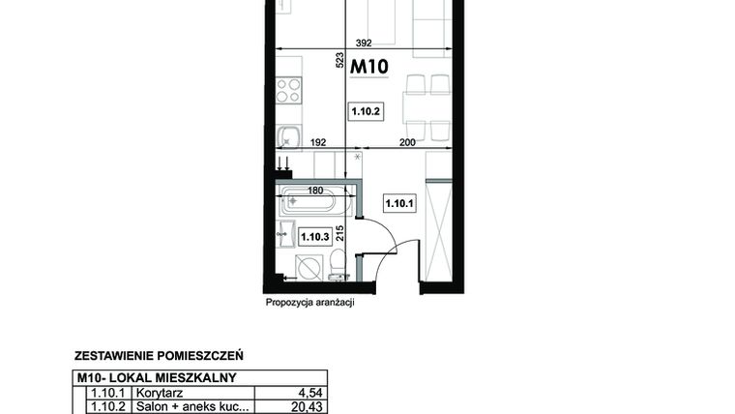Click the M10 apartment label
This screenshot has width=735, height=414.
point(368,68)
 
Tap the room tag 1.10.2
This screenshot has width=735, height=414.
point(367,112)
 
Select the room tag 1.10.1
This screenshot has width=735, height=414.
point(399,203)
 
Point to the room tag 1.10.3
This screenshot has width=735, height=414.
point(315,235)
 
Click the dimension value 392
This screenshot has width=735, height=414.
point(364,43)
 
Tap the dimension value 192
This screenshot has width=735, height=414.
point(316,143)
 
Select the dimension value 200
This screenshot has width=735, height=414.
point(407,143)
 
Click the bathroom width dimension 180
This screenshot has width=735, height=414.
point(315,191)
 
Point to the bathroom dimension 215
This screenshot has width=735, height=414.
point(340,235)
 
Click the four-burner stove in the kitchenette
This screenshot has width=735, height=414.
point(288,91)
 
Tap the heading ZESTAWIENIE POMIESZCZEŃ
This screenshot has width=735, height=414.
point(159,355)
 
